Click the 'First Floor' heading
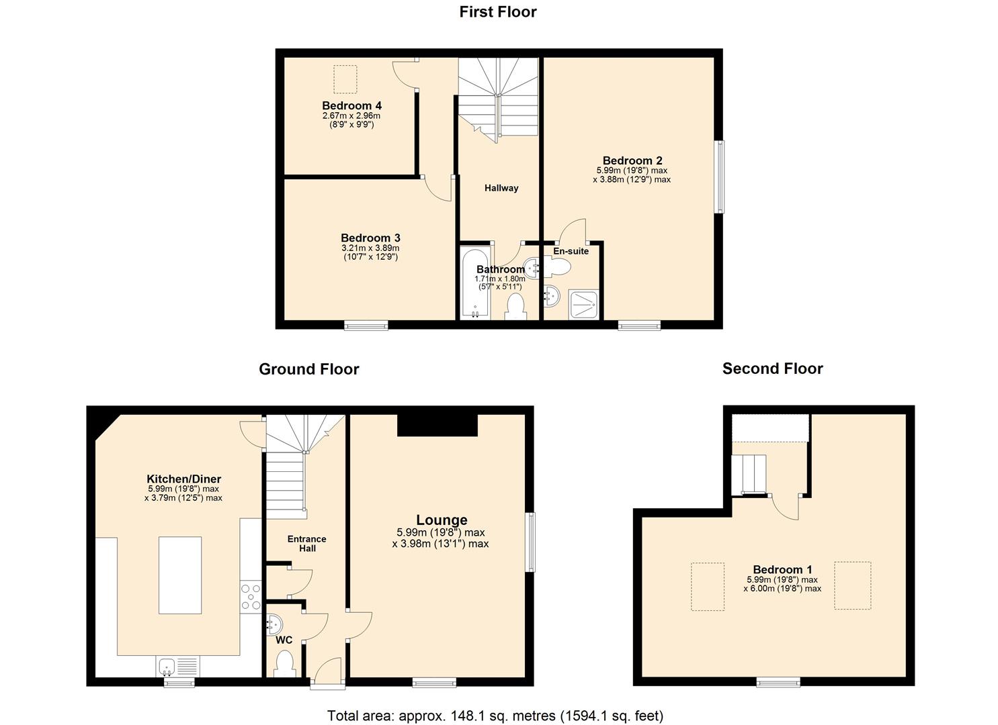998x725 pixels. coord(498,12)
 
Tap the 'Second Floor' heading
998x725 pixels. coord(772,369)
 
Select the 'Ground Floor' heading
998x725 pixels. coord(308,369)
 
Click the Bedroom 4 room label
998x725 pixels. coord(351,106)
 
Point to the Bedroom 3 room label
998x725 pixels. coord(370,238)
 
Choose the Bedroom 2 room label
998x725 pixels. coord(632,161)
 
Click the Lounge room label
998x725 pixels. coord(442,520)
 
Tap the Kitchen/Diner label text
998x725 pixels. coord(183,479)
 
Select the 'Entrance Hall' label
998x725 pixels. coord(306,544)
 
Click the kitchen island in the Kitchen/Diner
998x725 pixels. coord(180,575)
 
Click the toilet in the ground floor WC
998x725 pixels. coord(285,663)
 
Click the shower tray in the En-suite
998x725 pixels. coord(583,304)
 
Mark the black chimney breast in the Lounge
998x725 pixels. coord(438,426)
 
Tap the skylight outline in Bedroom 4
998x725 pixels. coord(345,79)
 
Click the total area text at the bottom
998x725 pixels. coord(495,716)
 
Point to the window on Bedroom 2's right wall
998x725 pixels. coord(720,177)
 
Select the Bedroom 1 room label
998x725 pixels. coord(782,570)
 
